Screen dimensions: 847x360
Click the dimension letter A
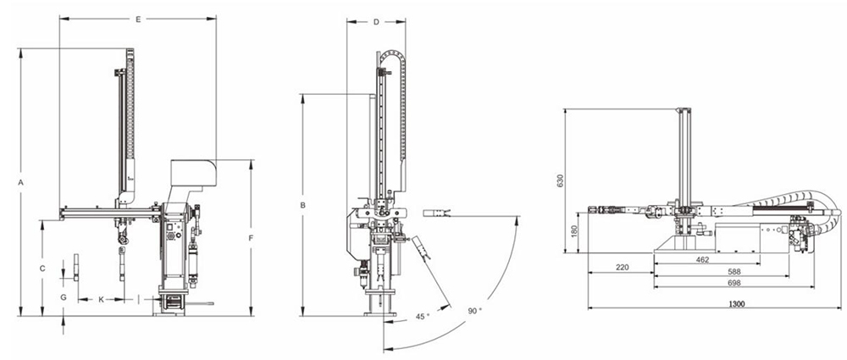(x=20, y=183)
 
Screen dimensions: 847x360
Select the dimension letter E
(x=138, y=19)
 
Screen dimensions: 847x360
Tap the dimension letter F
(x=251, y=238)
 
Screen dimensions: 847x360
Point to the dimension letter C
(x=42, y=269)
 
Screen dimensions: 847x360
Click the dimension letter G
(x=64, y=297)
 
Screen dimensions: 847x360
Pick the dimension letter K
(x=101, y=300)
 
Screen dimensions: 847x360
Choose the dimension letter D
(x=376, y=22)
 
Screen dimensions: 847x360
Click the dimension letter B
(x=303, y=205)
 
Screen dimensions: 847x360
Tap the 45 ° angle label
(x=423, y=316)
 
